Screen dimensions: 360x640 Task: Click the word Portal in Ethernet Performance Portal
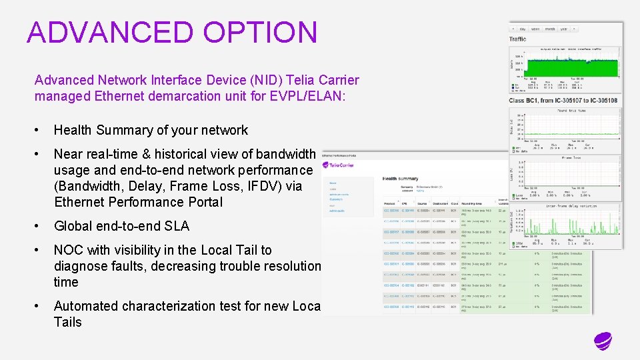point(204,202)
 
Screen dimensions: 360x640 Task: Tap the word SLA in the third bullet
point(177,226)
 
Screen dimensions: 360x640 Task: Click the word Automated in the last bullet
point(85,306)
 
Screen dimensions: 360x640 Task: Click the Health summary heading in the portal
point(400,178)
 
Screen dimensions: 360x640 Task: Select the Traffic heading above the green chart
point(518,39)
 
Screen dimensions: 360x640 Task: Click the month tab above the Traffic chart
point(550,29)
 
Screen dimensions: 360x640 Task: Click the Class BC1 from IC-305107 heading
point(563,101)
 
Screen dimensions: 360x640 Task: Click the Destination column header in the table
point(441,203)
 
